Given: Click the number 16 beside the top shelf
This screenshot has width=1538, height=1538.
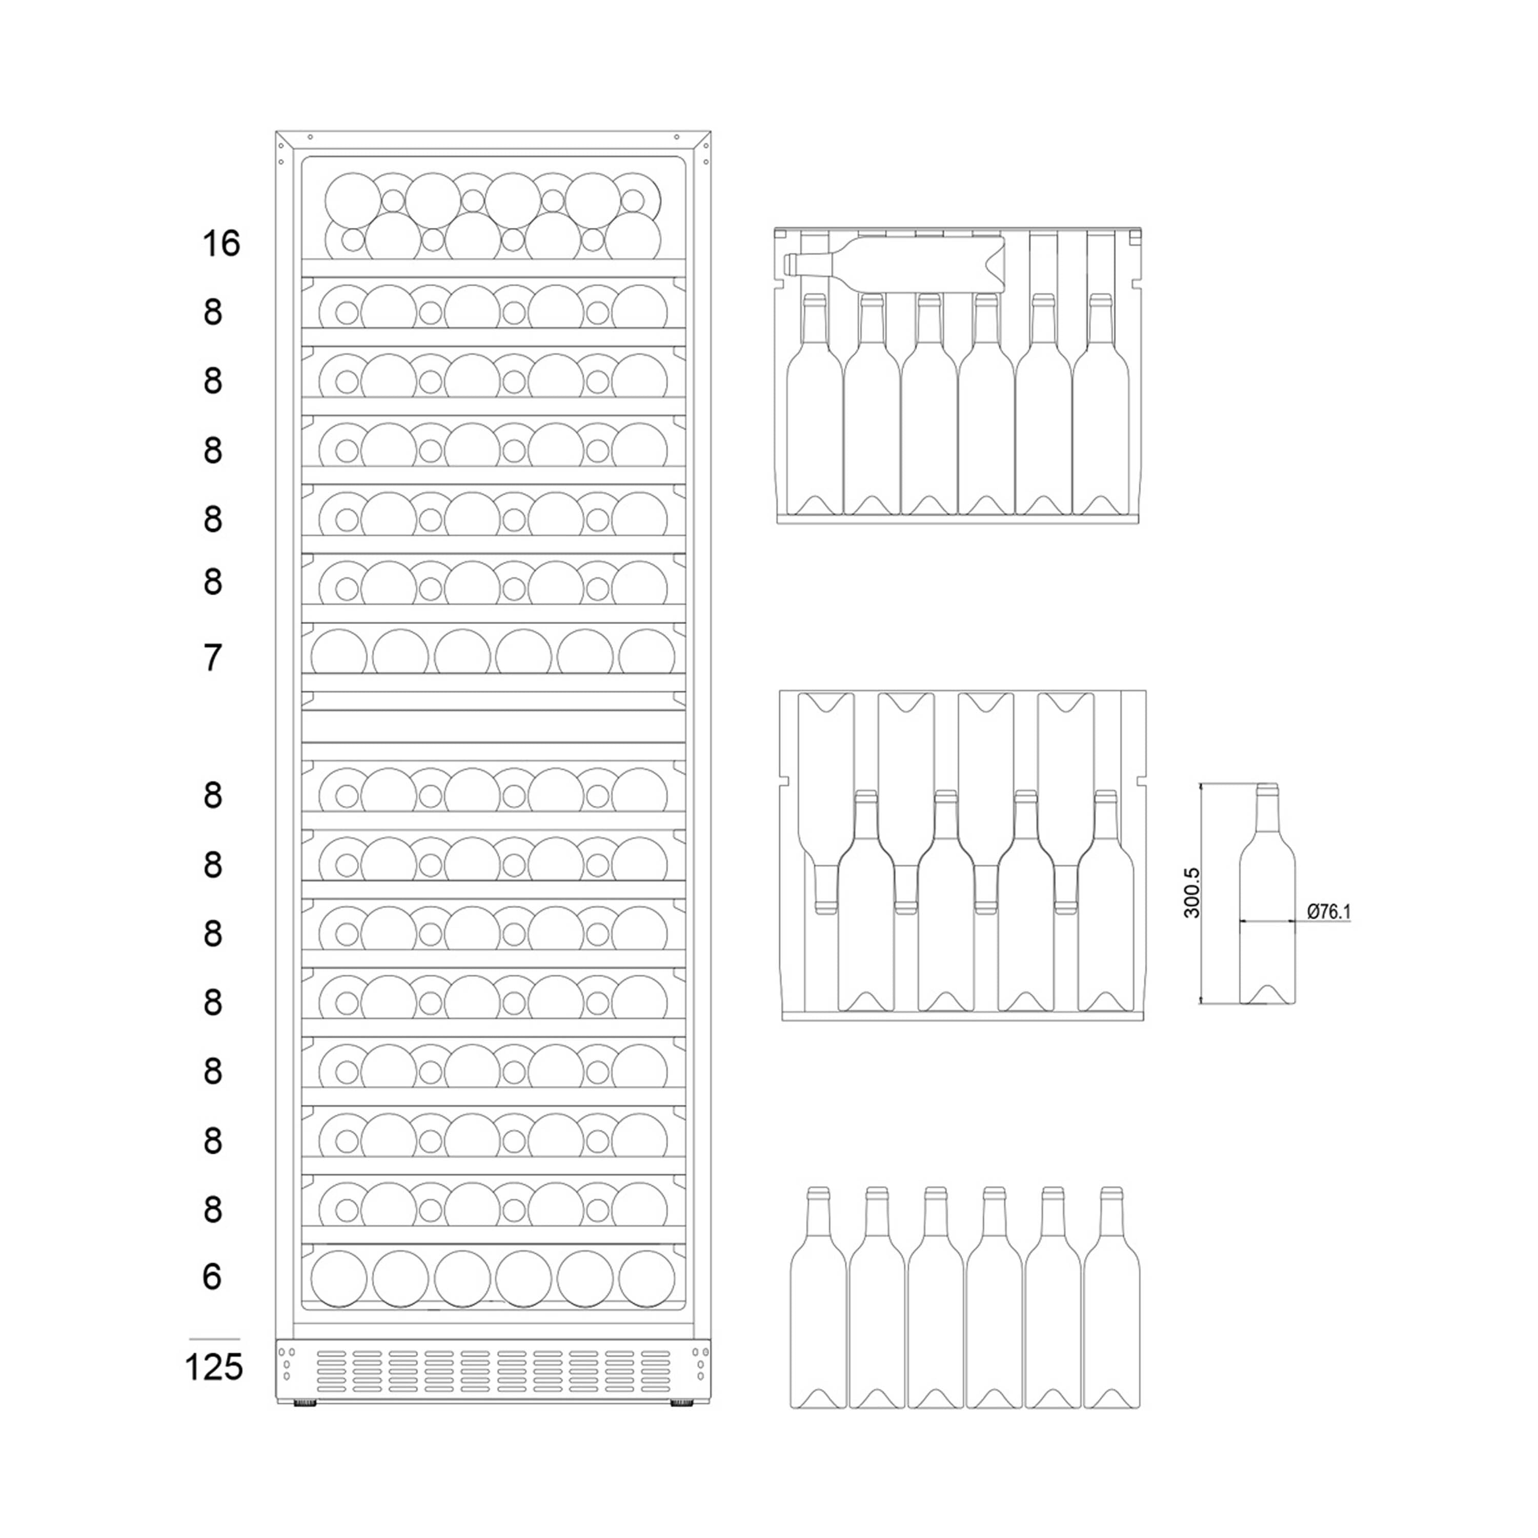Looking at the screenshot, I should point(220,244).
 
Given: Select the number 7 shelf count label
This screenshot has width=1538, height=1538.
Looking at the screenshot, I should point(212,658).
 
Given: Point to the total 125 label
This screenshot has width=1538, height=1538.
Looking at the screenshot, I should point(213,1367).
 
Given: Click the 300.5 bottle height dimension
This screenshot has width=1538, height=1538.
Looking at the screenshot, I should point(1192,893).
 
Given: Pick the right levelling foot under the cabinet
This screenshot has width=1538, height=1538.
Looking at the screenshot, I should point(681,1403).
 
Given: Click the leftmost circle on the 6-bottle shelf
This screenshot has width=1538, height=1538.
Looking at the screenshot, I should point(338,1279).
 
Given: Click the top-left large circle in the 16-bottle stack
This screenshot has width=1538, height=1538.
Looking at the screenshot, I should point(353,200).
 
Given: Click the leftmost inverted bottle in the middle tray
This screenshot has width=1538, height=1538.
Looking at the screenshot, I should point(825,796).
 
